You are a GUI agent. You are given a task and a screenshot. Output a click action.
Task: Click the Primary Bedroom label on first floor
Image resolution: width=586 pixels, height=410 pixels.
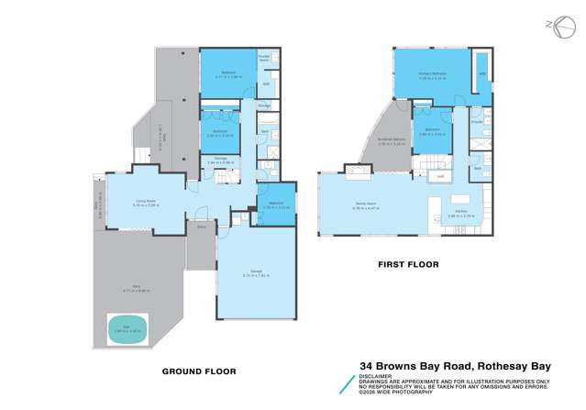432,76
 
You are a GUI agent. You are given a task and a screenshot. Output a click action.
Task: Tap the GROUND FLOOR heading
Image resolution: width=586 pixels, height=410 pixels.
199,371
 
